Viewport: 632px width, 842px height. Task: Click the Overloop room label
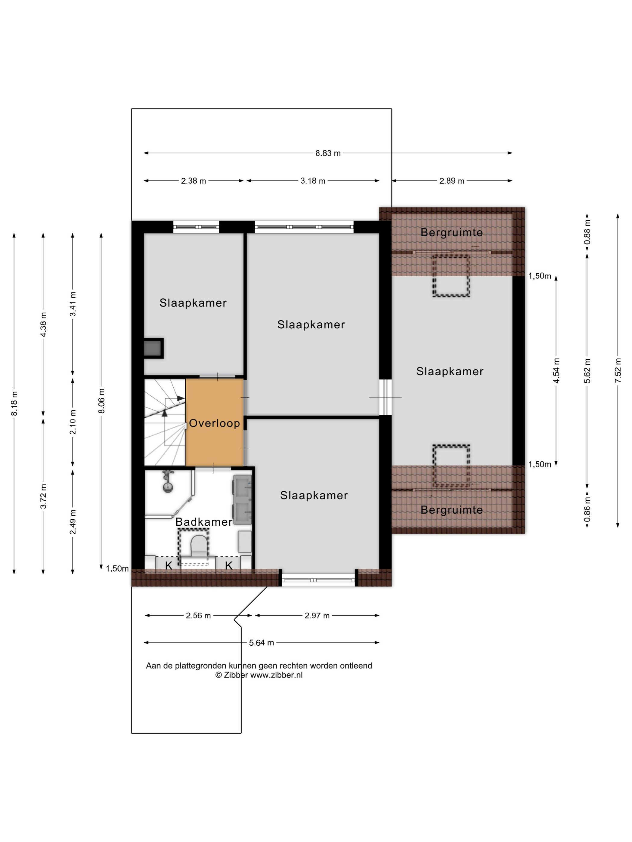click(x=215, y=423)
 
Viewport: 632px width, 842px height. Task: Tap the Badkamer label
click(x=204, y=522)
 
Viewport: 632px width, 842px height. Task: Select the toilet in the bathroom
click(x=198, y=545)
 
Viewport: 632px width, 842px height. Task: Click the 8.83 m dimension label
click(x=328, y=153)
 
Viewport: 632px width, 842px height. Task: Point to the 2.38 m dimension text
click(x=194, y=181)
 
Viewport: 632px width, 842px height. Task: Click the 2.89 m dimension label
click(x=452, y=181)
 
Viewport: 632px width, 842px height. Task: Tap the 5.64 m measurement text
click(x=261, y=643)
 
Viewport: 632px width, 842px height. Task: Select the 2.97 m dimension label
click(x=317, y=616)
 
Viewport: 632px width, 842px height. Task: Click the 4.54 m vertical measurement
click(x=556, y=371)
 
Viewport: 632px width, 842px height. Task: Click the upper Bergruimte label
click(x=452, y=232)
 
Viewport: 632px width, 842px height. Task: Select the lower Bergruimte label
click(x=452, y=510)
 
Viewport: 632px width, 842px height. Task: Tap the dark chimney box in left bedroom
click(x=153, y=348)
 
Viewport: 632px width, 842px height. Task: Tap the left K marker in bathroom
click(x=169, y=566)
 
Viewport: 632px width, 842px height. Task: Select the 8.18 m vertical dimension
click(x=14, y=404)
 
